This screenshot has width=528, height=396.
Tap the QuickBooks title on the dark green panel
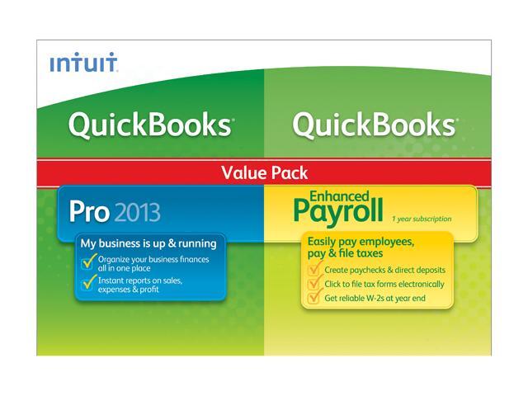click(x=150, y=125)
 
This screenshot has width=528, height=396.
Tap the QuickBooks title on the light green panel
click(x=374, y=125)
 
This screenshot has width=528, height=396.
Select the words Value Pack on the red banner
click(x=264, y=172)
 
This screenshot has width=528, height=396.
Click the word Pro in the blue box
click(x=89, y=212)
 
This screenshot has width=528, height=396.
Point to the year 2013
click(x=137, y=212)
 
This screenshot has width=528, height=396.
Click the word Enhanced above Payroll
click(x=339, y=196)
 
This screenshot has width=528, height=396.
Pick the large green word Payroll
click(x=338, y=211)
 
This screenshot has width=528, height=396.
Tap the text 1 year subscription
click(x=422, y=219)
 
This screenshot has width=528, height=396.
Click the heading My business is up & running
click(x=148, y=243)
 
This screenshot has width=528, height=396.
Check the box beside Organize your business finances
click(x=88, y=262)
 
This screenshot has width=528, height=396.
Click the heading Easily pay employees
click(x=361, y=242)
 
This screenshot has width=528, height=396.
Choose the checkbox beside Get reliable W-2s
click(x=314, y=297)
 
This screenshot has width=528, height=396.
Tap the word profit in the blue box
click(x=149, y=290)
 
